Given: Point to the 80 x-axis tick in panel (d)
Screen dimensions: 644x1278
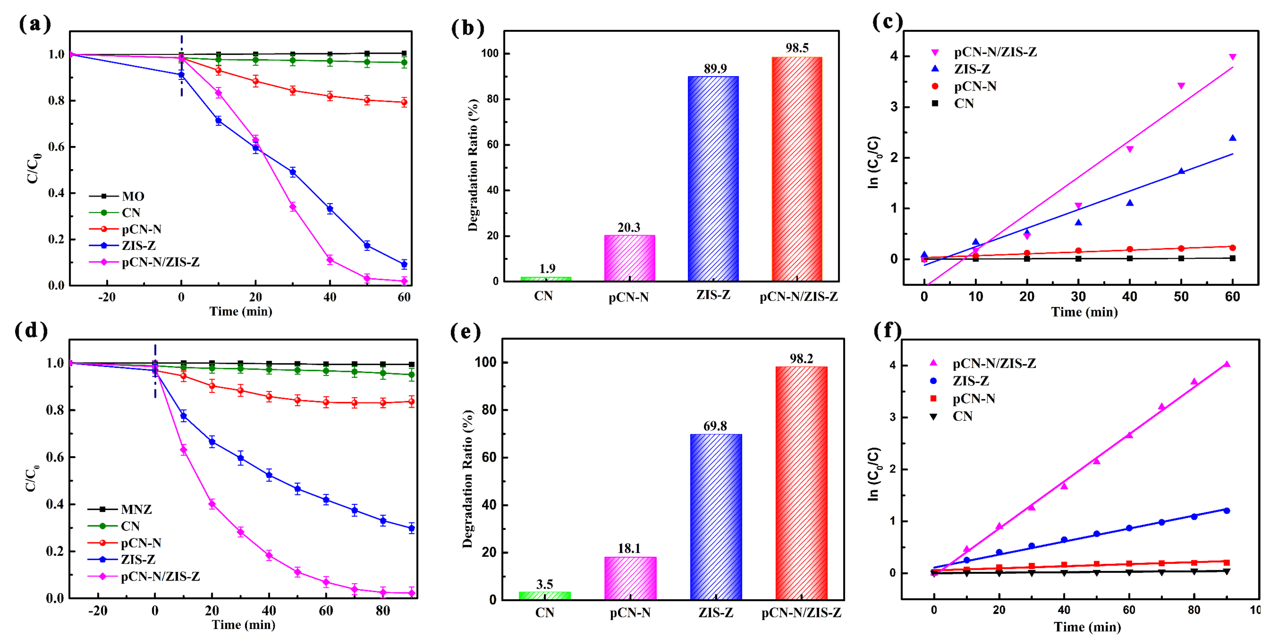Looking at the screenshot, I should (382, 611).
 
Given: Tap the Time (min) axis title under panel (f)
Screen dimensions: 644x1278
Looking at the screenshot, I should (1087, 627).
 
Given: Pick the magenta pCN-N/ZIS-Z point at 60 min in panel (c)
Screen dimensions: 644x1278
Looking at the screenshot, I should (1232, 57).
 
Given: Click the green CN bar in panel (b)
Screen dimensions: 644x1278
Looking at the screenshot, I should (546, 279).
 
